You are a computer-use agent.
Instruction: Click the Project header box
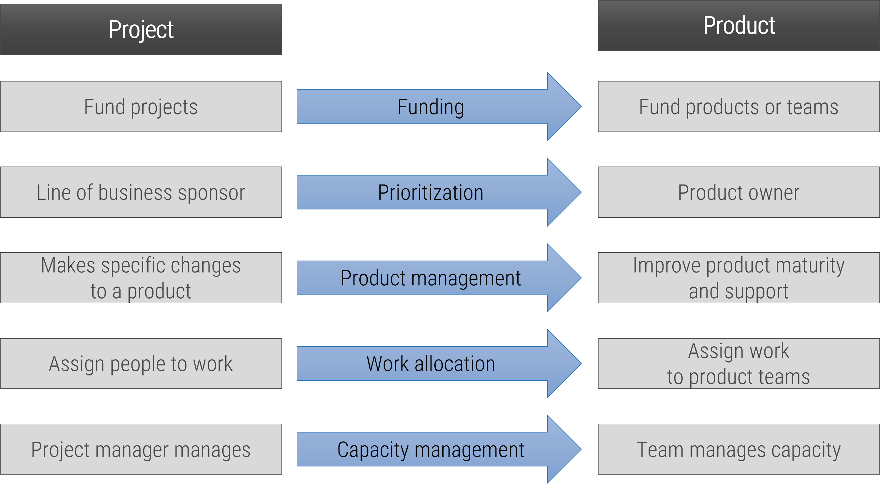tap(141, 29)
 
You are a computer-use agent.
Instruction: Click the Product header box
tap(739, 26)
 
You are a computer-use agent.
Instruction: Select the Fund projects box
tap(141, 107)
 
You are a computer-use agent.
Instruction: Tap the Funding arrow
tap(430, 107)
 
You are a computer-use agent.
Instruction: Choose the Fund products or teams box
tap(739, 107)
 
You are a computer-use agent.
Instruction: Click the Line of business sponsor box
tap(141, 192)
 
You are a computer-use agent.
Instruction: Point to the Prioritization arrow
tap(430, 192)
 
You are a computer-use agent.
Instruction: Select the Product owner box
tap(739, 192)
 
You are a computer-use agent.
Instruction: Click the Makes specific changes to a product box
tap(141, 278)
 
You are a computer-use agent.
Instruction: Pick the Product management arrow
tap(430, 278)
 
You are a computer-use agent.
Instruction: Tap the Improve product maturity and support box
tap(739, 278)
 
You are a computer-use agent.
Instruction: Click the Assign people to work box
tap(141, 363)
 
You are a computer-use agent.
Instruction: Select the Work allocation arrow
tap(430, 363)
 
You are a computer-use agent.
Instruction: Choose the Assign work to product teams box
tap(739, 363)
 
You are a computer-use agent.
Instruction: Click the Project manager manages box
tap(141, 449)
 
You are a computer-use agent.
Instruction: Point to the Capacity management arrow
tap(430, 449)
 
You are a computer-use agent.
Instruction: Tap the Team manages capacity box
tap(739, 449)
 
